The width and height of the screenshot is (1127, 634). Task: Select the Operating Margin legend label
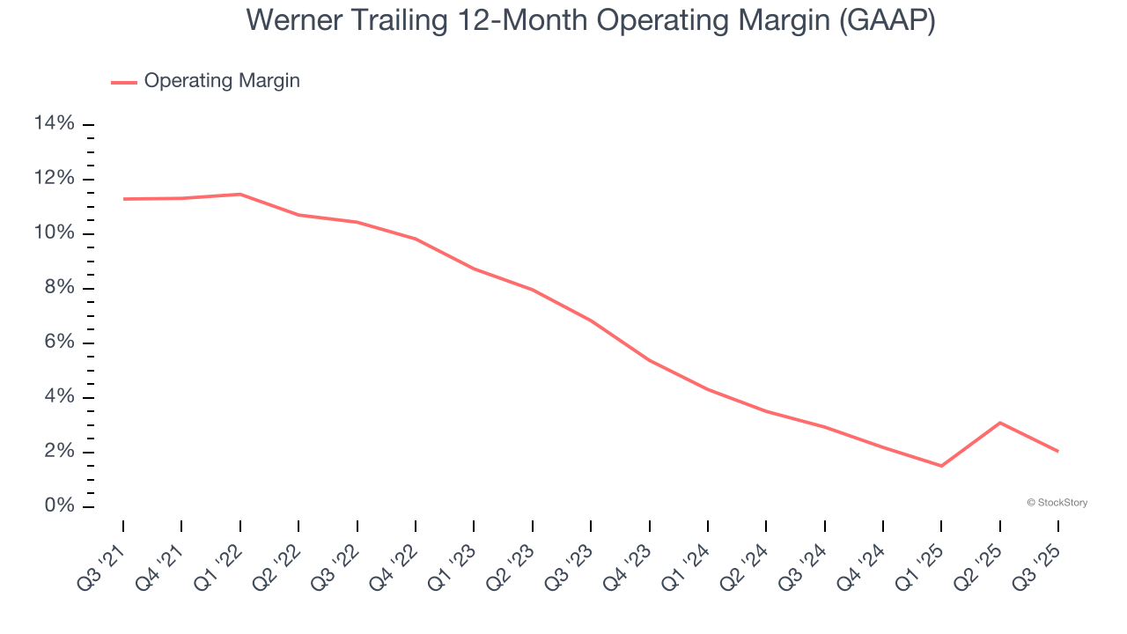point(222,81)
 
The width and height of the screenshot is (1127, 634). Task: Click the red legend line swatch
point(124,82)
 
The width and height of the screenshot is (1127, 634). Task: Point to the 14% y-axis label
point(55,124)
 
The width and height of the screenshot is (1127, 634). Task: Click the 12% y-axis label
point(55,179)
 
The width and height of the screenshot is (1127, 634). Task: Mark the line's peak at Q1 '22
point(240,194)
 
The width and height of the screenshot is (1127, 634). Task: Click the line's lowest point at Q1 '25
point(941,466)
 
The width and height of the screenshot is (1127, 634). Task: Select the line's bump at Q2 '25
point(999,423)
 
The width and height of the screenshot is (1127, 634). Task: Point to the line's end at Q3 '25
point(1057,451)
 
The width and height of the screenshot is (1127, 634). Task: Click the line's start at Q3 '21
point(123,199)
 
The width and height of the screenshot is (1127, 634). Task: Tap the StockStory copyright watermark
point(1057,503)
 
